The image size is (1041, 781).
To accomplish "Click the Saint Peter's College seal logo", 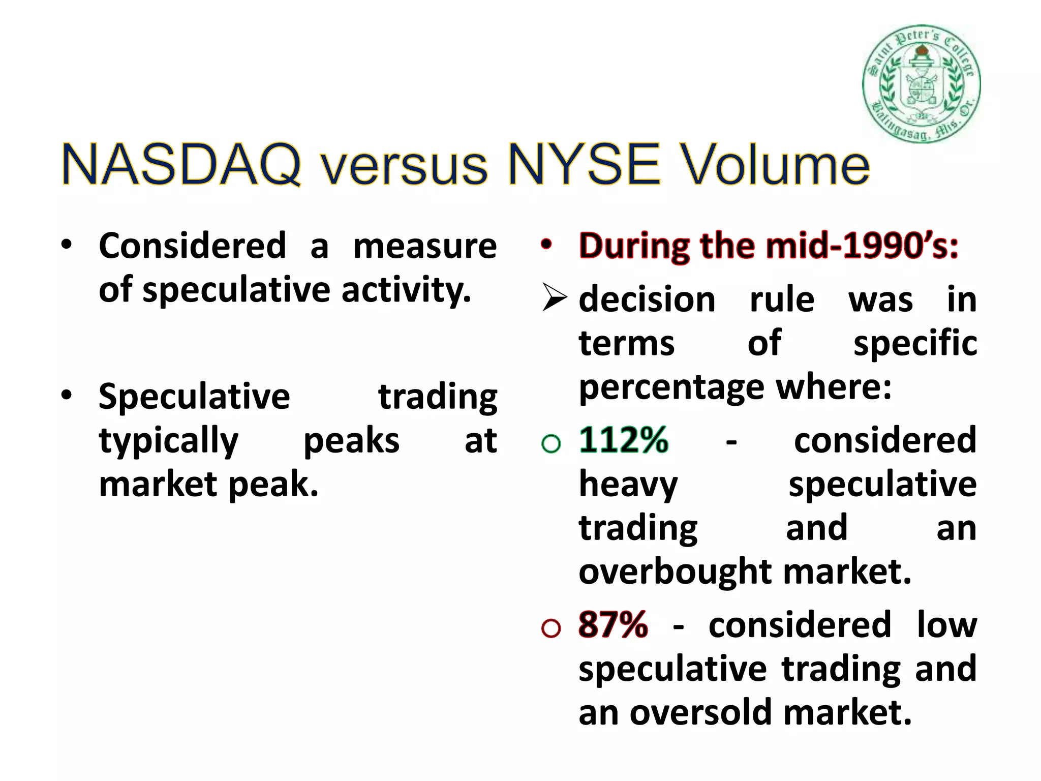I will (x=922, y=84).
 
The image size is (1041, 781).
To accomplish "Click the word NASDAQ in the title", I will (x=181, y=165).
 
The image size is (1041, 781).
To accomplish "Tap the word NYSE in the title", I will (x=585, y=165).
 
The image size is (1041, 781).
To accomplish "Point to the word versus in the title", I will (x=405, y=168).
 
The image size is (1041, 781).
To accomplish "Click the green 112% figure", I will (x=624, y=440).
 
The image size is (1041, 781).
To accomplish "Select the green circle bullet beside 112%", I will (x=551, y=443).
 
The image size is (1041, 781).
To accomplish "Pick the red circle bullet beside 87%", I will (x=551, y=628).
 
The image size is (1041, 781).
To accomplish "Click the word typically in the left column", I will (x=168, y=441).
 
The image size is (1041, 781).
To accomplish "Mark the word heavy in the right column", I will (x=628, y=485).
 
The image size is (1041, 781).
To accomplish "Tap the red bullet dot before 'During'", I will (x=546, y=245).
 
